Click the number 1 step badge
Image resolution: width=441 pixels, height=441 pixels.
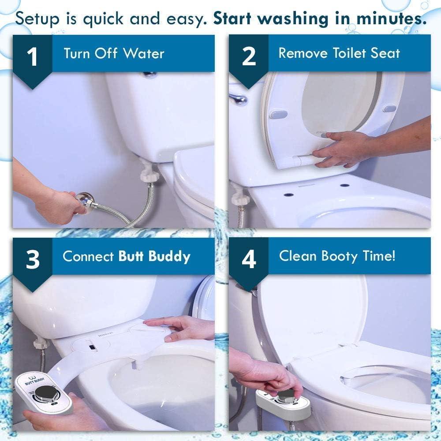pyautogui.click(x=33, y=58)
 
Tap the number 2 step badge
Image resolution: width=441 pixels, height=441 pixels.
pyautogui.click(x=249, y=57)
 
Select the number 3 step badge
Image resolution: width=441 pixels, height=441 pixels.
pyautogui.click(x=33, y=260)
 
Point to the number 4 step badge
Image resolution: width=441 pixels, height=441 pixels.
pyautogui.click(x=249, y=260)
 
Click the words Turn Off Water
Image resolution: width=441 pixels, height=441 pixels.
pyautogui.click(x=114, y=54)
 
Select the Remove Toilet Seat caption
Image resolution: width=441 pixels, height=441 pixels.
pyautogui.click(x=339, y=53)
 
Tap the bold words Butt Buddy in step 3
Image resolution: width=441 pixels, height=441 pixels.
pyautogui.click(x=154, y=257)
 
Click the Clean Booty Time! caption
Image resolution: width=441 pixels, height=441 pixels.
pyautogui.click(x=337, y=256)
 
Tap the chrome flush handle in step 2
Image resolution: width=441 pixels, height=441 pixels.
pyautogui.click(x=238, y=98)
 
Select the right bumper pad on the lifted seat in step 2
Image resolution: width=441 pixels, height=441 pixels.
pyautogui.click(x=389, y=108)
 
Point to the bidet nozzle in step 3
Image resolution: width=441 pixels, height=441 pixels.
pyautogui.click(x=138, y=364)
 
